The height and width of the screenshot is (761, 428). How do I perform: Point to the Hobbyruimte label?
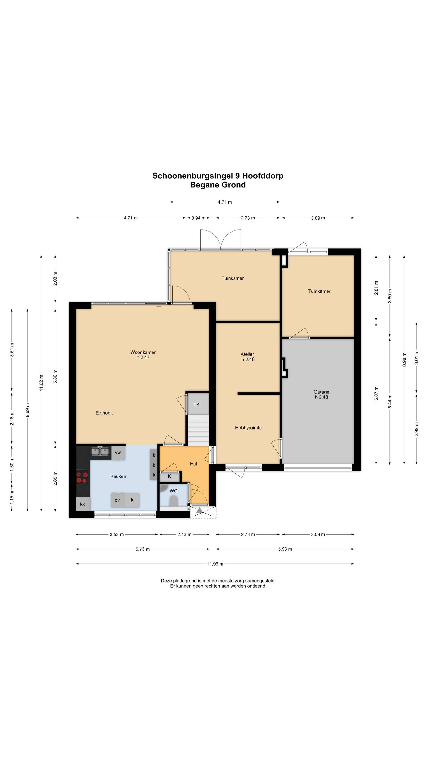[x=248, y=428]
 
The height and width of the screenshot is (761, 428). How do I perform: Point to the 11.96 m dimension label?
[x=215, y=564]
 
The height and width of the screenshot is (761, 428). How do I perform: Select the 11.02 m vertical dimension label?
[x=41, y=383]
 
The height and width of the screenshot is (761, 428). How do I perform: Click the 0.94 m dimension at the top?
[x=198, y=218]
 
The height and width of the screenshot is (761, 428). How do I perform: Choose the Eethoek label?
[x=104, y=413]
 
